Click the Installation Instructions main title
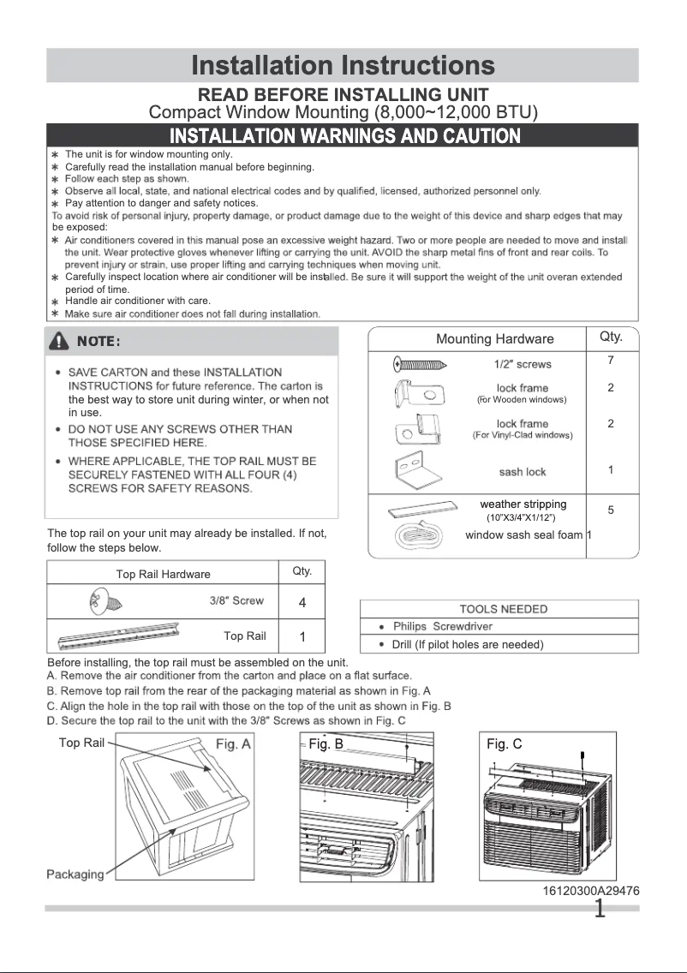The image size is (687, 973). pos(343,65)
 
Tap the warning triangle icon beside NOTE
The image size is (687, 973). pos(60,342)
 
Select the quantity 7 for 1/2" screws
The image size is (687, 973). pos(611,361)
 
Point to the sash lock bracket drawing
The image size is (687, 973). pos(415,469)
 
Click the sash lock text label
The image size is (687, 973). pos(522,472)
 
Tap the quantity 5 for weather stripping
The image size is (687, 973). pos(611,510)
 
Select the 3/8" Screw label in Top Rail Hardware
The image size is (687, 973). pos(236,600)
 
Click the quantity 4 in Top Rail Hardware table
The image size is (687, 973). pos(302,603)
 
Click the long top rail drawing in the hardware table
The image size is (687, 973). pos(120,636)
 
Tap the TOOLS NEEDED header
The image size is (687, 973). pos(503,609)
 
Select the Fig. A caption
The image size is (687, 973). pos(233,743)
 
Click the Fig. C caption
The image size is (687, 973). pos(504,744)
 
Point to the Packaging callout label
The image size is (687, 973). pos(75,874)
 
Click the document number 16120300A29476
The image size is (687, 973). pos(590,891)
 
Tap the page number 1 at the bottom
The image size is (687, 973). pos(600,908)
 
